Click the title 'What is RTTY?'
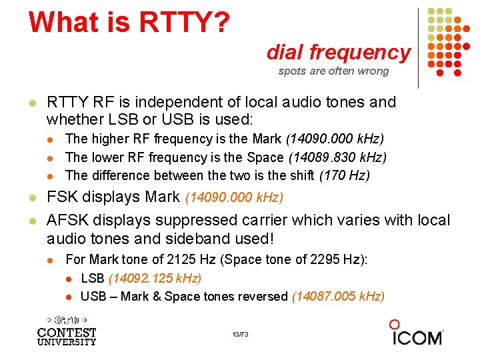click(x=129, y=21)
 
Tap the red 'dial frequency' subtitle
click(x=339, y=51)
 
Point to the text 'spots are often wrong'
click(x=333, y=71)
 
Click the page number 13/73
click(x=240, y=333)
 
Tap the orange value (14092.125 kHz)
click(x=155, y=277)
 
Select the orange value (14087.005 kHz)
click(x=339, y=295)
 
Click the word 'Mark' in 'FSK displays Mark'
click(x=162, y=197)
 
